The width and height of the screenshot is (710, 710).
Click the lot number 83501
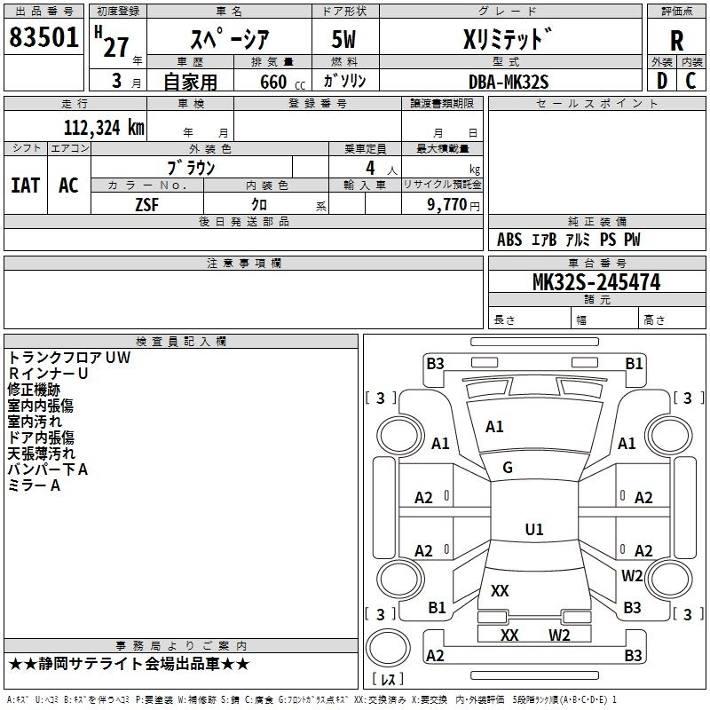tap(43, 36)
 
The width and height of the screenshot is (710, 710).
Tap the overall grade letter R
tap(676, 41)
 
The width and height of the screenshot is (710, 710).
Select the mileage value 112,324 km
tap(104, 127)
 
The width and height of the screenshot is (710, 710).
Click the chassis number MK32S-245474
tap(596, 282)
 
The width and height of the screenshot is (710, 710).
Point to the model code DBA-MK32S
tap(509, 82)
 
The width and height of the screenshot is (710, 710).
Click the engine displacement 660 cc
tap(282, 82)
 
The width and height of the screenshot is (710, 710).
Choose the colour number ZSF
tap(146, 205)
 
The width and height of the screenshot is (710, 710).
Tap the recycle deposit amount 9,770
tap(446, 204)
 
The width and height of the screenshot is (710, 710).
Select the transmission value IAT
tap(26, 185)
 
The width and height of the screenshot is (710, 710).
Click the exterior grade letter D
tap(662, 81)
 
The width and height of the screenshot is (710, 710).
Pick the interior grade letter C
tap(690, 81)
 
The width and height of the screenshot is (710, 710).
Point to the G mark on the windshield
tap(508, 468)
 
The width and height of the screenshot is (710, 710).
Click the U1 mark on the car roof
tap(534, 529)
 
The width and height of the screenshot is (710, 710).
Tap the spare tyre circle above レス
tap(388, 648)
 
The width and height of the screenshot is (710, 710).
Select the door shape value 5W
tap(343, 39)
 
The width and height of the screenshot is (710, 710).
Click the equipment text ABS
tap(509, 239)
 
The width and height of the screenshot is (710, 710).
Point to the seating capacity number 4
tap(370, 168)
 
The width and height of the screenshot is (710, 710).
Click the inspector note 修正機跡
tap(34, 390)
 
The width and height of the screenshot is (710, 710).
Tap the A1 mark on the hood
tap(494, 427)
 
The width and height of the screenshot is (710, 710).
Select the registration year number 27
tap(116, 47)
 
